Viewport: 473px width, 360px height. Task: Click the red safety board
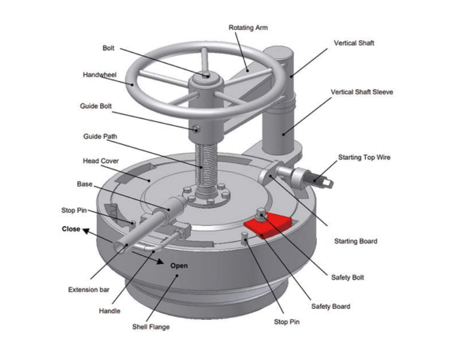click(x=266, y=225)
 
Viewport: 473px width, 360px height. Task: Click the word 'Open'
click(x=179, y=265)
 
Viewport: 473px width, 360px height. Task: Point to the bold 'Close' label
click(x=72, y=229)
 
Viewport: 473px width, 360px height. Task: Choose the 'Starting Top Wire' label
click(x=364, y=158)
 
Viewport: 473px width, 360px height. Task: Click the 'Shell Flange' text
click(x=150, y=327)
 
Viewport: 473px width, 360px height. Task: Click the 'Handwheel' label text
click(x=100, y=76)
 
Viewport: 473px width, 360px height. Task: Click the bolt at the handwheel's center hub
click(x=206, y=76)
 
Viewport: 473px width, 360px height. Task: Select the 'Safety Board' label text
click(x=330, y=306)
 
